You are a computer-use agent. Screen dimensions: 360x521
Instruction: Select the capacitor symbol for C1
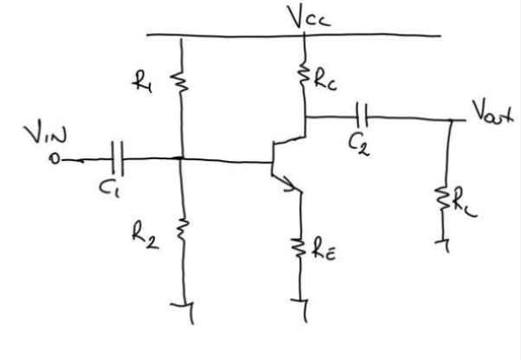point(119,158)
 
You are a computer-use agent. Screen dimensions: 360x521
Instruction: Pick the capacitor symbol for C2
point(363,114)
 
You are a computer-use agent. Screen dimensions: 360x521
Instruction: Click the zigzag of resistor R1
point(181,82)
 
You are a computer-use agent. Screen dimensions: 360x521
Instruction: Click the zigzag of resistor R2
point(181,229)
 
